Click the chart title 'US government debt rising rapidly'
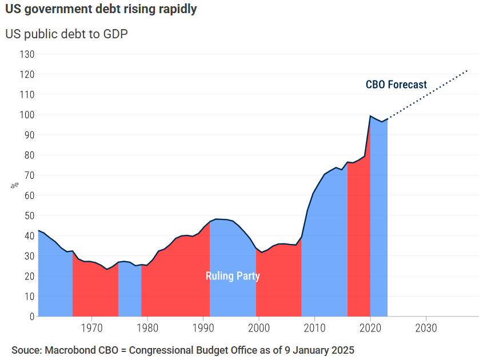click(101, 10)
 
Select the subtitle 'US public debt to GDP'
click(66, 34)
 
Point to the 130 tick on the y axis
click(27, 54)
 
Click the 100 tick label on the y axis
click(27, 115)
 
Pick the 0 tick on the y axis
click(31, 316)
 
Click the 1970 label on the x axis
click(91, 329)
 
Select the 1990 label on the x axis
click(203, 329)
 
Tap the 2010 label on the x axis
click(314, 329)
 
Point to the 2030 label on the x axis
click(426, 329)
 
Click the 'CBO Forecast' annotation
click(396, 85)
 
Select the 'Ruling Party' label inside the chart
click(233, 276)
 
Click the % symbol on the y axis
click(15, 185)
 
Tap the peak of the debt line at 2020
click(370, 116)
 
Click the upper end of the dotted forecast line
click(468, 71)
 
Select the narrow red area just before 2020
click(358, 240)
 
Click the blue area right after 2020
click(379, 229)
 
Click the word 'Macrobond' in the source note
click(67, 350)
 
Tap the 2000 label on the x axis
click(258, 329)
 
